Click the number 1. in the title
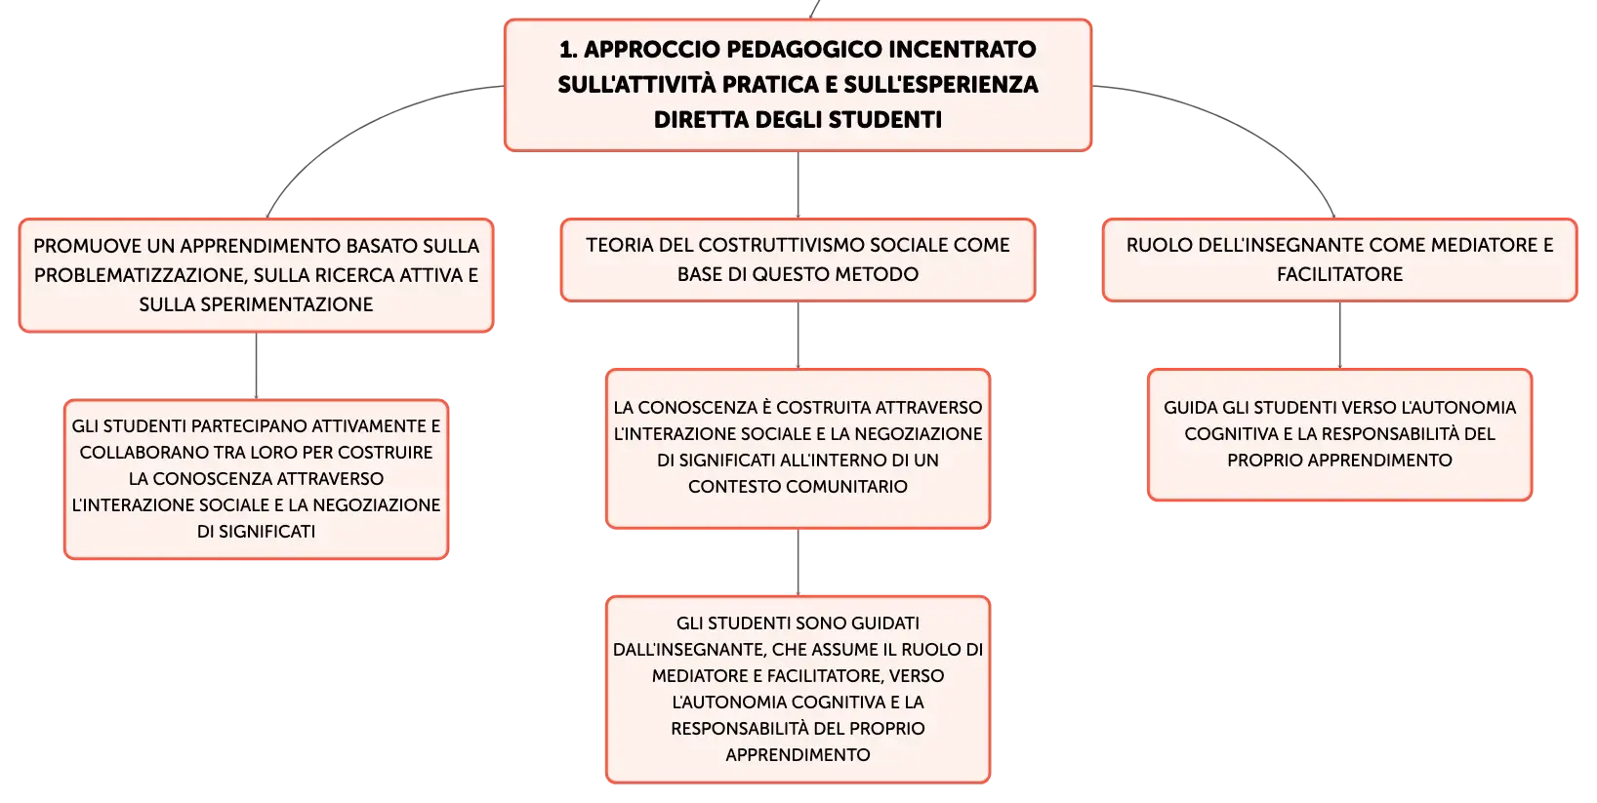(x=568, y=50)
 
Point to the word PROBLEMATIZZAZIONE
(x=139, y=275)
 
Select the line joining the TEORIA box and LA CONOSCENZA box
(x=798, y=335)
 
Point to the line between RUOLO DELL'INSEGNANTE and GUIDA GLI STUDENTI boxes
(x=1339, y=335)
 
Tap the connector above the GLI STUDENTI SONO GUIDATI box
(x=798, y=562)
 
